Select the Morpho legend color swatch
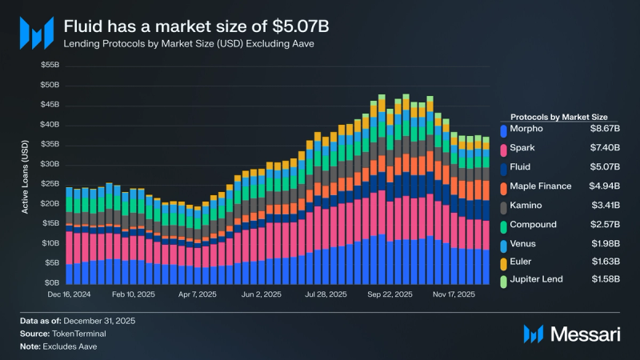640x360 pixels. (503, 129)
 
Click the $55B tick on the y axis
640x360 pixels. (50, 65)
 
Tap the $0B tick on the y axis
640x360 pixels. (52, 282)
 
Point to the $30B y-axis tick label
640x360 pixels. (50, 164)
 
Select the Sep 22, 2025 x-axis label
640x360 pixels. (390, 294)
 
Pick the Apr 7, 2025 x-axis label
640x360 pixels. (196, 294)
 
